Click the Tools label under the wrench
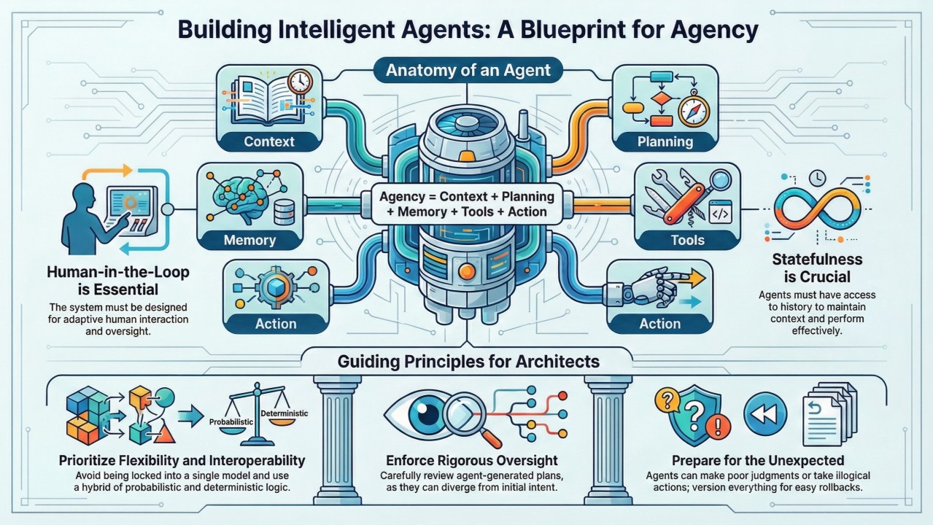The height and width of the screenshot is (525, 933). click(x=687, y=240)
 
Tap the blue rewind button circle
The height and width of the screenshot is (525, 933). click(x=764, y=413)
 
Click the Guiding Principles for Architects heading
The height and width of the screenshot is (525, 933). click(x=468, y=361)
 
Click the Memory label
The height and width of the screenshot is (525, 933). click(x=249, y=240)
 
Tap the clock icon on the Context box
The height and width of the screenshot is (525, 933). click(x=300, y=82)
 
